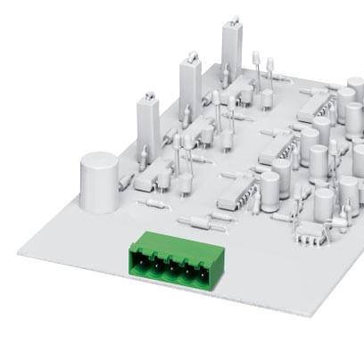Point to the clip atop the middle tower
(x=192, y=57)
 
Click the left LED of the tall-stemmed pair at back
(x=254, y=61)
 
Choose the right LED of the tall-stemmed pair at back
(x=268, y=64)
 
